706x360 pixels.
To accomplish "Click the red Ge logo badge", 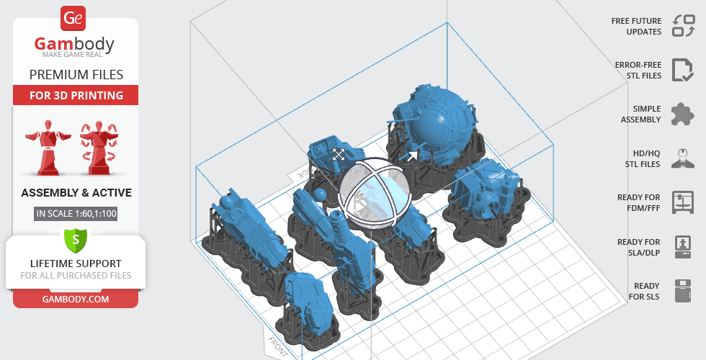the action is pos(73,18).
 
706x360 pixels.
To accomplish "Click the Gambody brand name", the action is pos(74,44).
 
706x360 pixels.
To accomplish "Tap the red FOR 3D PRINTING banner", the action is pos(76,95).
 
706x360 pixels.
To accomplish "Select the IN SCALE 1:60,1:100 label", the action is pos(76,213).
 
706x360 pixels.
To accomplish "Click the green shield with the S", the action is pos(76,240).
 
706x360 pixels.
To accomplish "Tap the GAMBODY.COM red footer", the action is pos(76,300).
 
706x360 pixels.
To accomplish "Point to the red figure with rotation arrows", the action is pos(99,147).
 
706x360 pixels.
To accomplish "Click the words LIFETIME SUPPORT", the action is pos(76,264).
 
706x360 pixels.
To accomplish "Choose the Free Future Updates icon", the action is pos(684,26).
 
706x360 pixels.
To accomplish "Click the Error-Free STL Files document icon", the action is pos(683,70).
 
